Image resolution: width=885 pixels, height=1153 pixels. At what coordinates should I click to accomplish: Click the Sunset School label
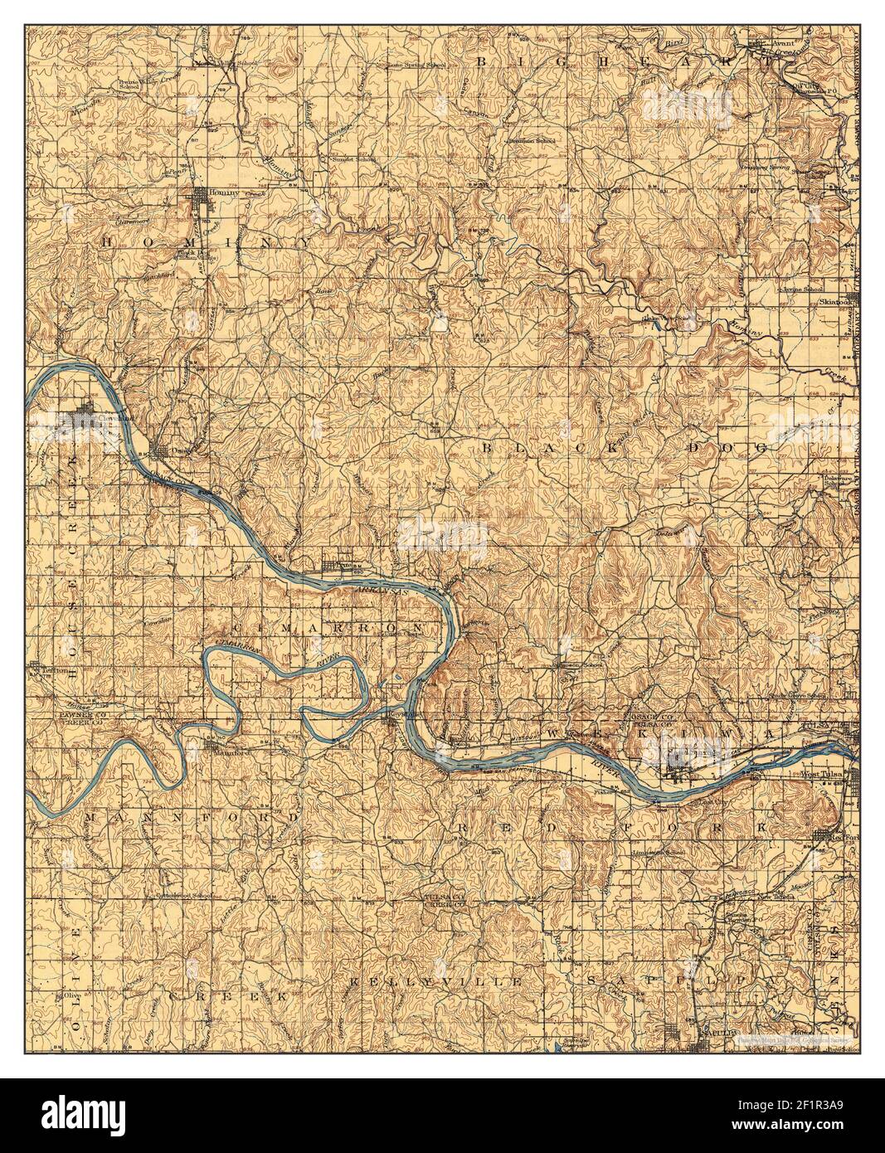click(355, 159)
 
